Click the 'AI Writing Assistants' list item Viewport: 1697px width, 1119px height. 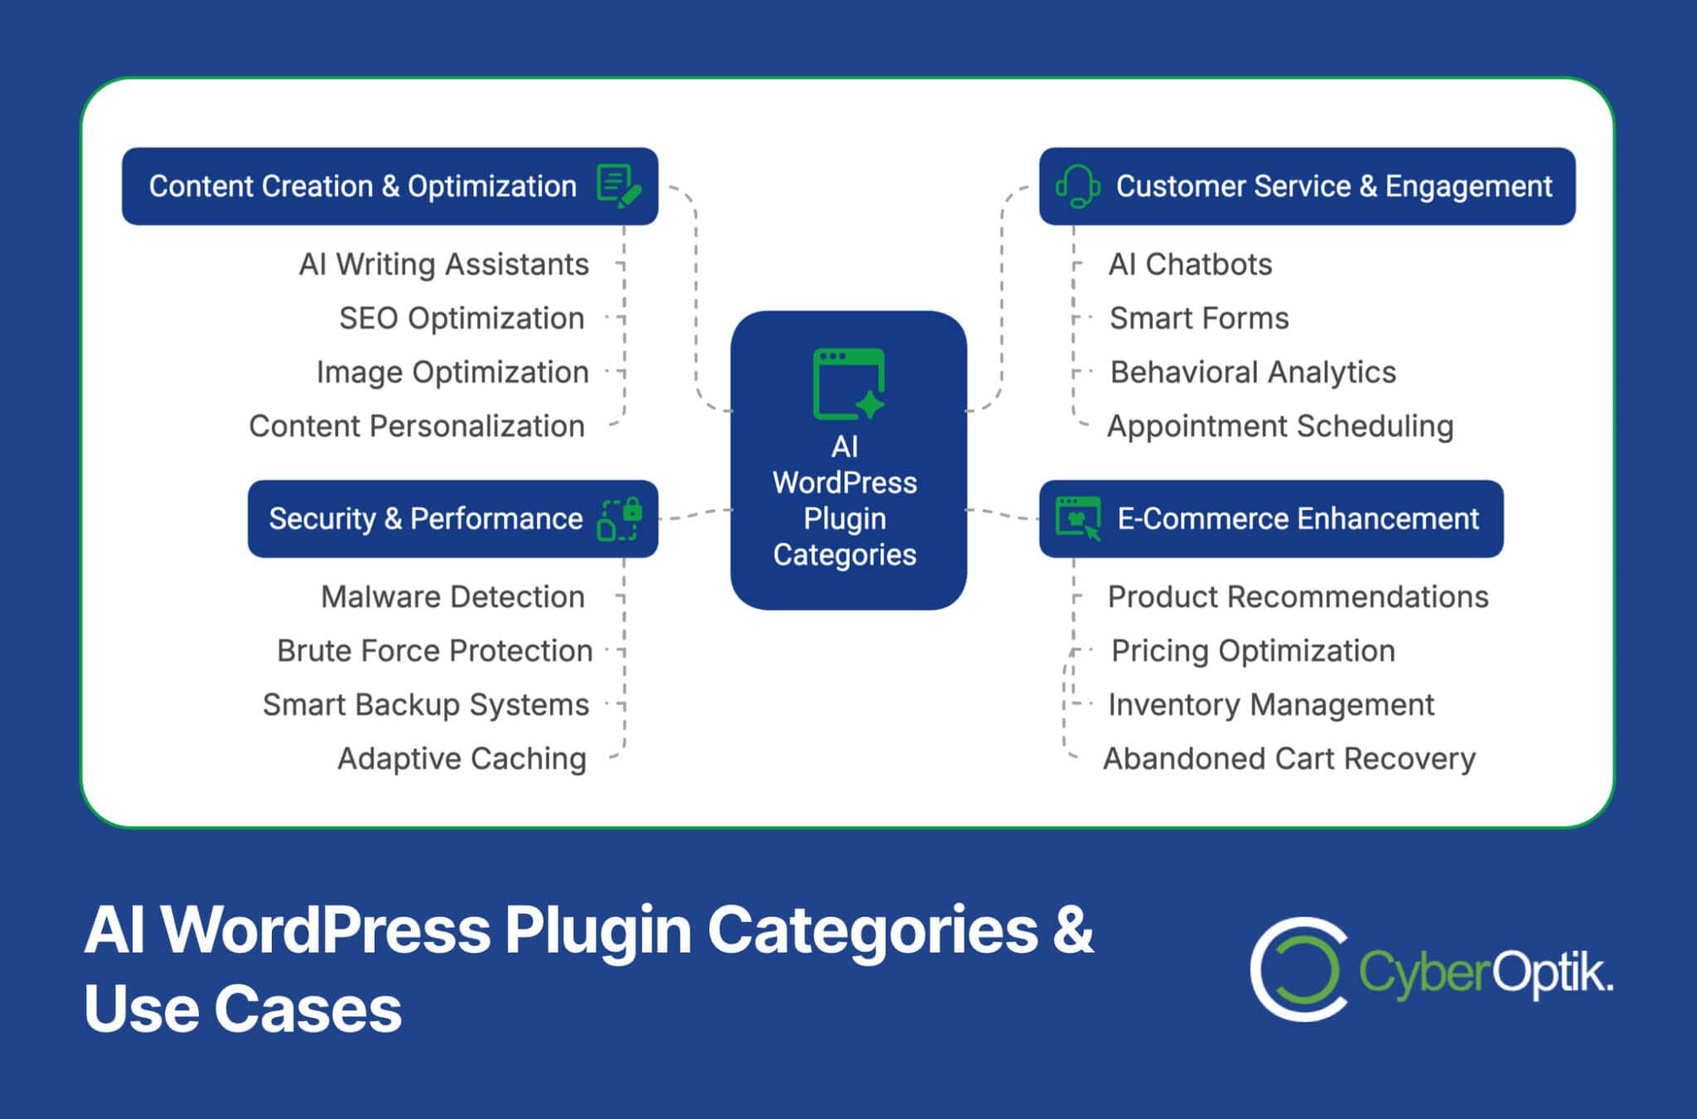coord(444,264)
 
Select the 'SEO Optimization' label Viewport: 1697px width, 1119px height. coord(462,318)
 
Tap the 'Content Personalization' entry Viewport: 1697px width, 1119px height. coord(417,426)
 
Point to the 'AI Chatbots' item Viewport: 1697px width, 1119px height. coord(1190,264)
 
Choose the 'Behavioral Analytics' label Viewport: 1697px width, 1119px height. coord(1253,372)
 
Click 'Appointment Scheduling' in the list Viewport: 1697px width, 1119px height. coord(1280,426)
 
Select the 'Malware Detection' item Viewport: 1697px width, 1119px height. coord(452,596)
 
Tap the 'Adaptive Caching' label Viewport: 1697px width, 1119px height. coord(462,758)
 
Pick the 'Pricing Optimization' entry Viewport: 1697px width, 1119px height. coord(1253,650)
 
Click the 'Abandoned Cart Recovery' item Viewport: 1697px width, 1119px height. coord(1289,758)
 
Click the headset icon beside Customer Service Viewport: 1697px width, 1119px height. coord(1077,186)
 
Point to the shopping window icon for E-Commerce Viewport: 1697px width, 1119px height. coord(1078,519)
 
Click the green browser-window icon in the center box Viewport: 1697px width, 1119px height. coord(848,383)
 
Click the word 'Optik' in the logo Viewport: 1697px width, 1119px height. coord(1551,972)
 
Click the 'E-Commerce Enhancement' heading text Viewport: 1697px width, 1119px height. coord(1298,519)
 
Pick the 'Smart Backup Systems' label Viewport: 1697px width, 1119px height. coord(426,704)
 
